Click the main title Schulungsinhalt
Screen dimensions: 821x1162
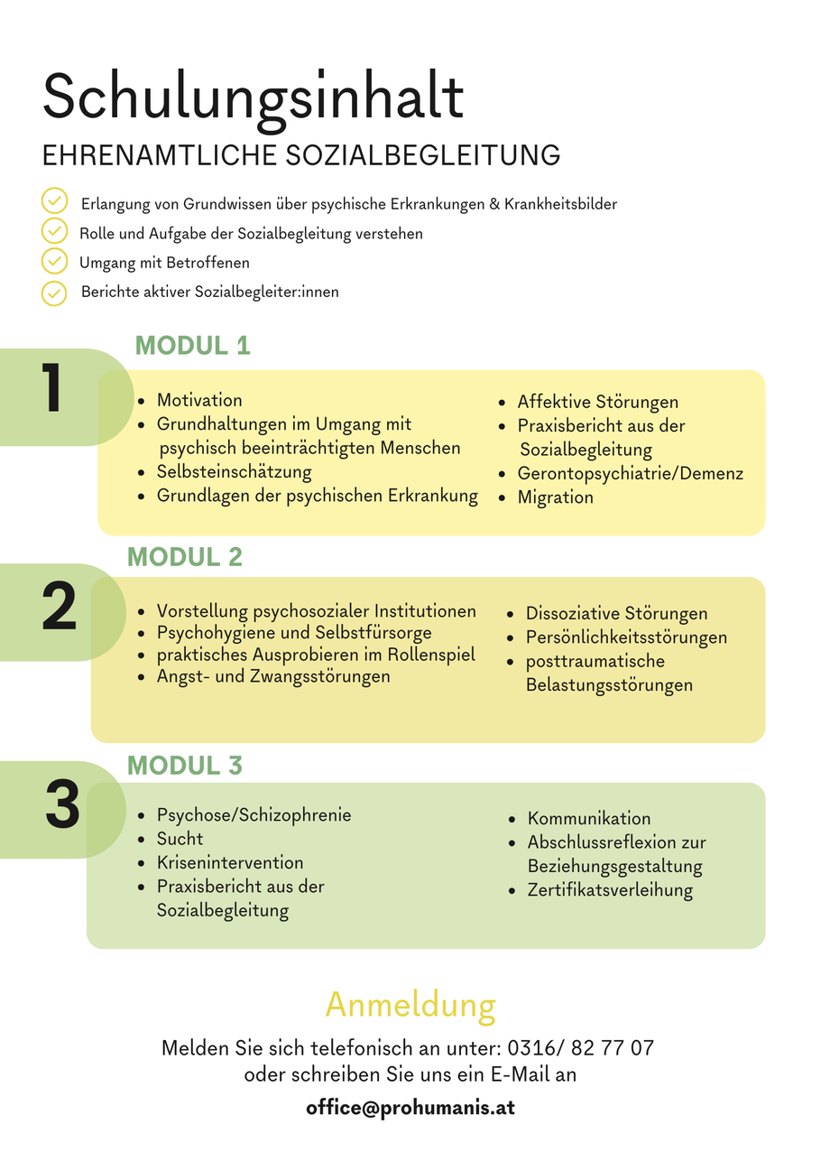pos(253,98)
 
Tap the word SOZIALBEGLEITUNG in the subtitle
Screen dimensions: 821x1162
pos(422,155)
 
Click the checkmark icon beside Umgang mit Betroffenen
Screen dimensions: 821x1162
pos(54,261)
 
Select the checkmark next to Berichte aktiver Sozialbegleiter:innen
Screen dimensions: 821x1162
pos(54,293)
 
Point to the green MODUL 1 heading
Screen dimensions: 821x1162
pos(193,346)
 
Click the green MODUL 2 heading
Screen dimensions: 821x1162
pos(185,556)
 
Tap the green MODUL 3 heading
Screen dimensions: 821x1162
pos(185,765)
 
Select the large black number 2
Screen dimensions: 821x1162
pos(59,606)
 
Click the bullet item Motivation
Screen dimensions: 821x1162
pos(199,400)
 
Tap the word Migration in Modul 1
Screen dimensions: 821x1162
pos(555,497)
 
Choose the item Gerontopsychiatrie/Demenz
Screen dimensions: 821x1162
pos(631,474)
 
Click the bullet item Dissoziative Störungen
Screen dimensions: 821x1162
pos(616,613)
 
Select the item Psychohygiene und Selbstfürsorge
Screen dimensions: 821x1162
pos(294,633)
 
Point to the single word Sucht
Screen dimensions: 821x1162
pos(180,839)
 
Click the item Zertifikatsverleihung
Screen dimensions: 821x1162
pos(610,890)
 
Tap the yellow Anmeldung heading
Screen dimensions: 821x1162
pos(410,1006)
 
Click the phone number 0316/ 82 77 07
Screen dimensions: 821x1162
pos(580,1048)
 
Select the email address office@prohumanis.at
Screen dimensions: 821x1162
pos(410,1107)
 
